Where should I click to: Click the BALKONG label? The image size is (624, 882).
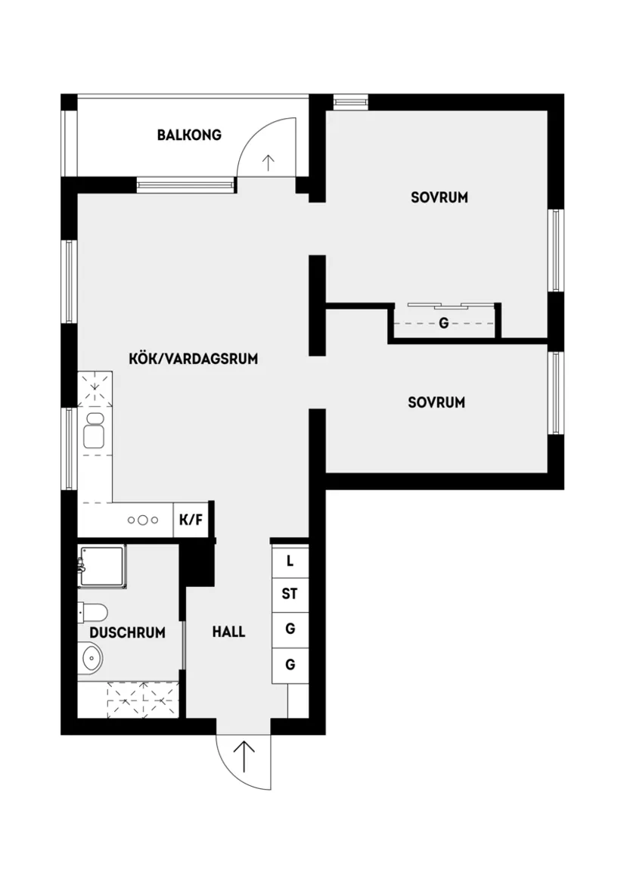tap(189, 135)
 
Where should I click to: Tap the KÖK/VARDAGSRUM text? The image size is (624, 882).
tap(194, 359)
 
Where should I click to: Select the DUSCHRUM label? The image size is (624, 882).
tap(127, 633)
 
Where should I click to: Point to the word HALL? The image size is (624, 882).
tap(228, 632)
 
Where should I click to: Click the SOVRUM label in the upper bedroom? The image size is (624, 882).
tap(439, 197)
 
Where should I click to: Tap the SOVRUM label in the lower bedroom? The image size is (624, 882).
tap(436, 402)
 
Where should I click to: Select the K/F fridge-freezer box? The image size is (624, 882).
tap(191, 520)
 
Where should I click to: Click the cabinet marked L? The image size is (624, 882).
tap(290, 561)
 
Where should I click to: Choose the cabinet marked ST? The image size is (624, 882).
tap(290, 595)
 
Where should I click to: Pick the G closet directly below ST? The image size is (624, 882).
tap(290, 629)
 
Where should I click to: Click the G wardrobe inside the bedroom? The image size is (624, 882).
tap(443, 324)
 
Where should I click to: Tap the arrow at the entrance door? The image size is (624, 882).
tap(244, 756)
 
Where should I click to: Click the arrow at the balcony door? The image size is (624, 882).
tap(267, 162)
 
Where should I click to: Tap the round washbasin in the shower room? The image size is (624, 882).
tap(90, 658)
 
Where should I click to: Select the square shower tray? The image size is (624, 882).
tap(101, 566)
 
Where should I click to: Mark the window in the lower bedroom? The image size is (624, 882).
tap(556, 393)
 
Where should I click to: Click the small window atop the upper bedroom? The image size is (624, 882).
tap(350, 101)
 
